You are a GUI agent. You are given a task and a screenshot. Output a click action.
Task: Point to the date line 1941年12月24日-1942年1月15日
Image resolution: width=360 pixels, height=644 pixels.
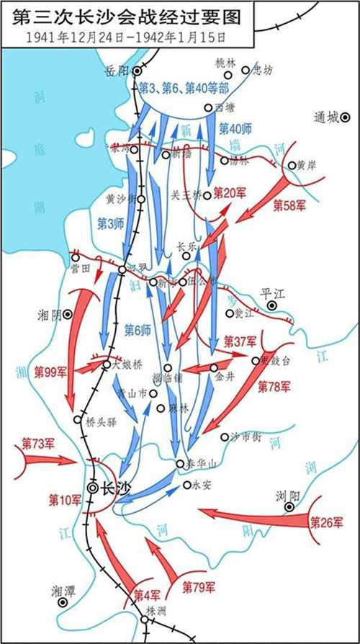(127, 35)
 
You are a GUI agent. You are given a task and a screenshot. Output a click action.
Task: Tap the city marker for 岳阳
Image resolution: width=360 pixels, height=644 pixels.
(137, 71)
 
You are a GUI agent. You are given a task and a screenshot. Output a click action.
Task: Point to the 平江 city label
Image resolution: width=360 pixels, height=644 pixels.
(274, 293)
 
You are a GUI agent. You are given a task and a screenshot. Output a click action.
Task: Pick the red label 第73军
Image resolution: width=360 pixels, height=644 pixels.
(38, 442)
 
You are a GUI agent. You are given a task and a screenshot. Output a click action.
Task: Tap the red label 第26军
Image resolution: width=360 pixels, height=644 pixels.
(326, 524)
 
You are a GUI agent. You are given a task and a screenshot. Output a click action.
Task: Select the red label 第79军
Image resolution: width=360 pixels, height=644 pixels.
(199, 586)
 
